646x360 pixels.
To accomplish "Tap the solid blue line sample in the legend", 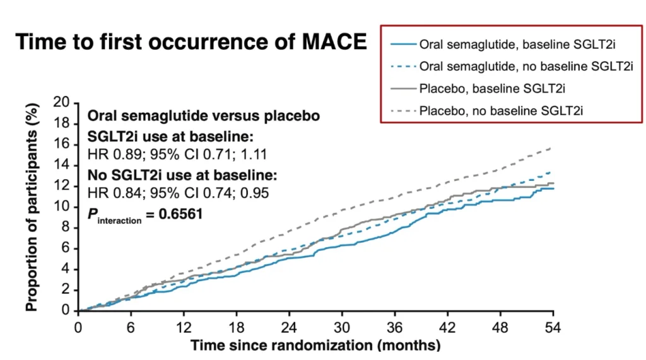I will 402,44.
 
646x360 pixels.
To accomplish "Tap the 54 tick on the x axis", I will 554,327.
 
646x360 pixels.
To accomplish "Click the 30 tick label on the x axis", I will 342,327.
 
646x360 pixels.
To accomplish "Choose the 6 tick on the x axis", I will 131,327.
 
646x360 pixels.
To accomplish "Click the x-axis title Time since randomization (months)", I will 315,345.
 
